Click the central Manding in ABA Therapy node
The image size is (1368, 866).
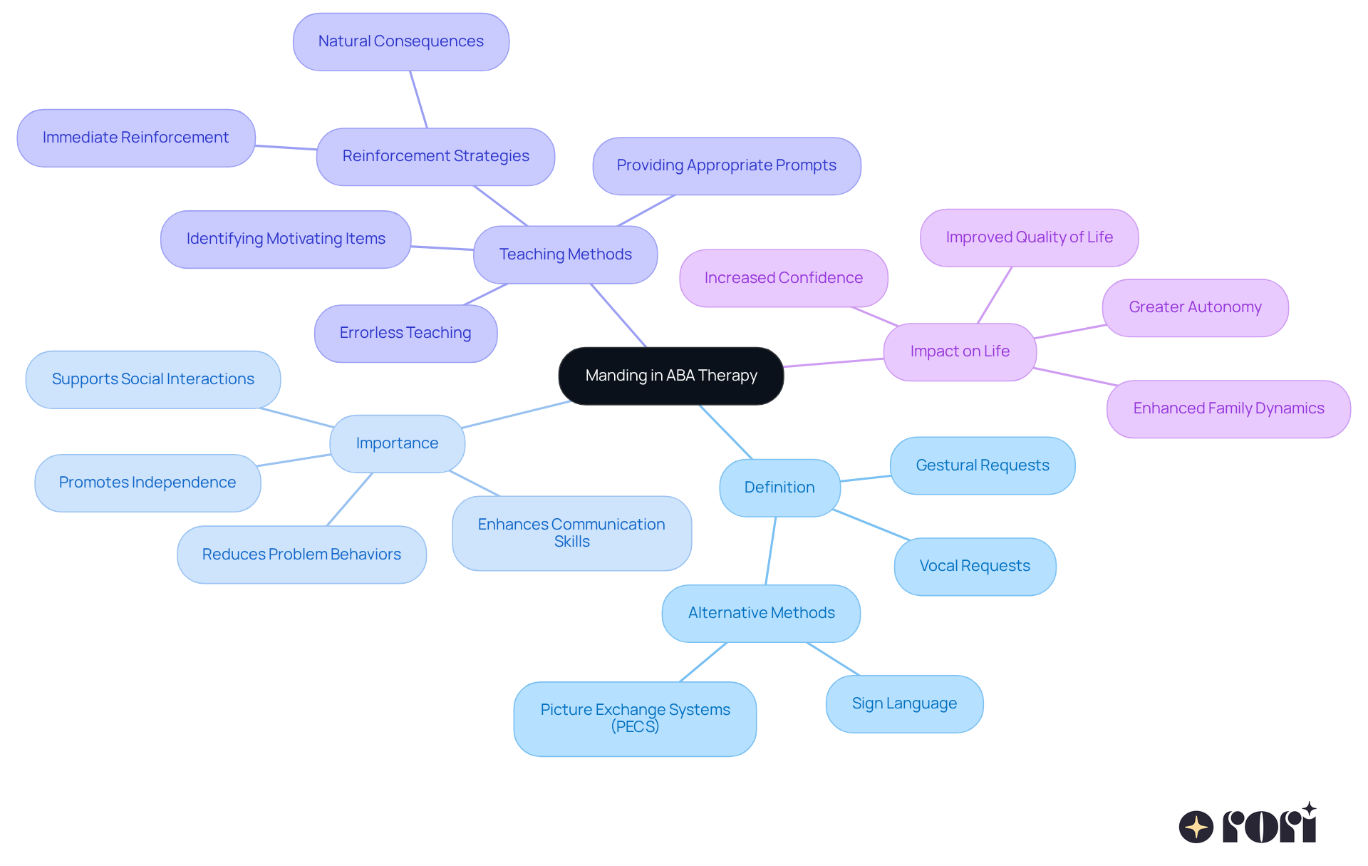pyautogui.click(x=670, y=376)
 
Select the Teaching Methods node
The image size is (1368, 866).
pyautogui.click(x=565, y=254)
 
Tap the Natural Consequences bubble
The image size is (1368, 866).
pyautogui.click(x=400, y=41)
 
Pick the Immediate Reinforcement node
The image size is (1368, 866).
pyautogui.click(x=135, y=138)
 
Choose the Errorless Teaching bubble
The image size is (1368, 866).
pyautogui.click(x=405, y=333)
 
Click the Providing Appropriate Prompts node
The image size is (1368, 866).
pyautogui.click(x=726, y=165)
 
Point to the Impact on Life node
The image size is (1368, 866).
pyautogui.click(x=959, y=351)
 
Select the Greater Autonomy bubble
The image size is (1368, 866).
pyautogui.click(x=1195, y=307)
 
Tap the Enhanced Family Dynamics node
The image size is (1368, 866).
pyautogui.click(x=1228, y=408)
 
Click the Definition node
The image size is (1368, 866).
pyautogui.click(x=779, y=488)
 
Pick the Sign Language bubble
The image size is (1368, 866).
pyautogui.click(x=904, y=703)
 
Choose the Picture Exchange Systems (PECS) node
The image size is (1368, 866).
pyautogui.click(x=635, y=718)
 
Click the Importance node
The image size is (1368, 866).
pyautogui.click(x=397, y=443)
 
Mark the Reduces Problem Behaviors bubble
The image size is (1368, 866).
pyautogui.click(x=301, y=555)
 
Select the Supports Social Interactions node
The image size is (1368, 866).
pyautogui.click(x=152, y=379)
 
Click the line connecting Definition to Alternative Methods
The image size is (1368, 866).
pyautogui.click(x=771, y=550)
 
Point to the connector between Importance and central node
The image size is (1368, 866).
pyautogui.click(x=517, y=415)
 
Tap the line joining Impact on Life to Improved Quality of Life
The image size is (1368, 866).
pyautogui.click(x=995, y=295)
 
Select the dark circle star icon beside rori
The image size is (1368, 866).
pyautogui.click(x=1196, y=827)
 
